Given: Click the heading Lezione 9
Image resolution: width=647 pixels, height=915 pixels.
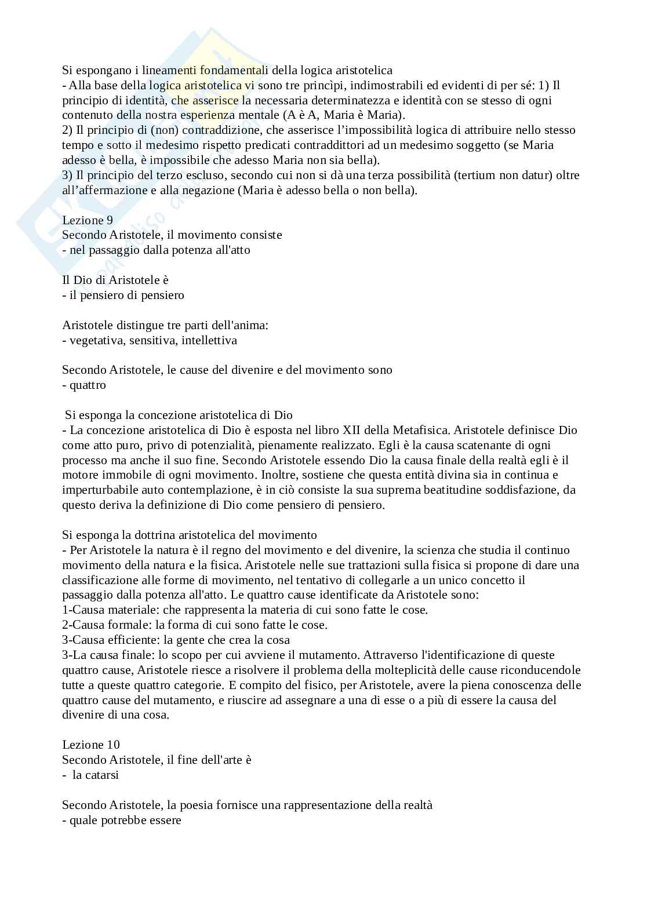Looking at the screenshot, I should point(87,220).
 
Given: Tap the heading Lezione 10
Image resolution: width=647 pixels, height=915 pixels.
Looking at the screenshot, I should point(90,745).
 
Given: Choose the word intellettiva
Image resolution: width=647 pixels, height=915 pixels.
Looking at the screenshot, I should point(209,340).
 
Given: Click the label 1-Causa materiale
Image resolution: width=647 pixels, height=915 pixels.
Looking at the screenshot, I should point(110,610).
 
